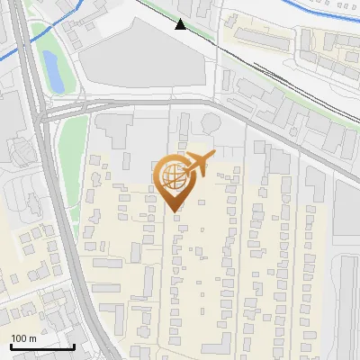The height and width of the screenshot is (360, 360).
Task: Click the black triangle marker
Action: tap(181, 24)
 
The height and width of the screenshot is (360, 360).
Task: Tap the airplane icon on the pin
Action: tap(199, 163)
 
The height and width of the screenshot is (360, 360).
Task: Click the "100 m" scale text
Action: tap(23, 338)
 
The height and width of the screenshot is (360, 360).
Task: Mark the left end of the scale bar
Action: tap(11, 346)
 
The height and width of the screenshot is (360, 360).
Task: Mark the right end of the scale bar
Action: tap(74, 346)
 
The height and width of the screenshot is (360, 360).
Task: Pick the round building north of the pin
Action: tap(211, 122)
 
